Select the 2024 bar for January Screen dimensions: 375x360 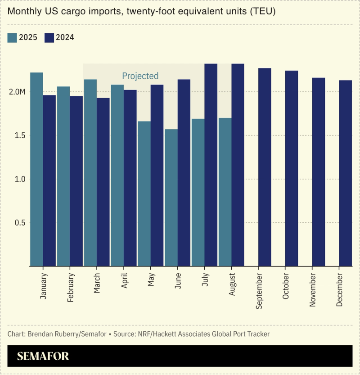pos(49,180)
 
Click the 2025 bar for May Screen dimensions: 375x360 pos(144,194)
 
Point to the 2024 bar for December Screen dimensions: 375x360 pos(346,173)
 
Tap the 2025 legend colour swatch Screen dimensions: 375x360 pos(12,38)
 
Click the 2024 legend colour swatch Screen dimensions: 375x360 pos(49,38)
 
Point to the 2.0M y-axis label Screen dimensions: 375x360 pos(17,92)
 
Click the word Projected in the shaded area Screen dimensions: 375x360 pos(140,76)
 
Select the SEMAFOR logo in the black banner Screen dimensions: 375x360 pos(43,357)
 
